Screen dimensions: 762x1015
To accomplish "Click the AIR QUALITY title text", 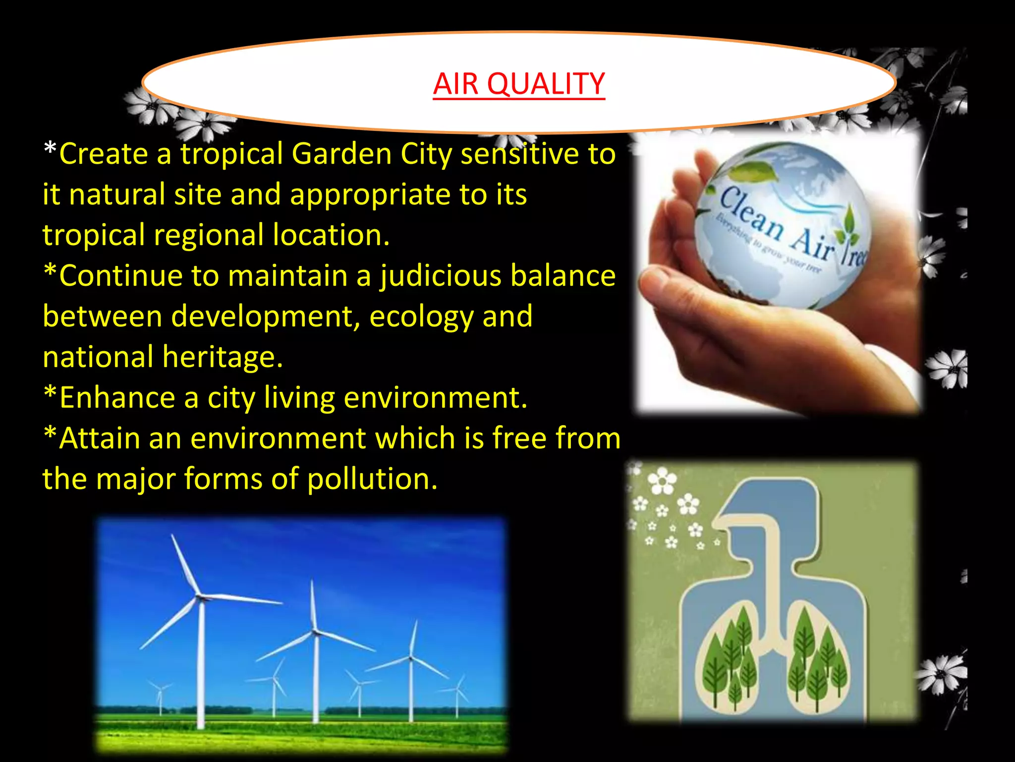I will [x=518, y=84].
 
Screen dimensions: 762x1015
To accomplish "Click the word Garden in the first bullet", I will [x=341, y=154].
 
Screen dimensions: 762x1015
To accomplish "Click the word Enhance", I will [x=117, y=398].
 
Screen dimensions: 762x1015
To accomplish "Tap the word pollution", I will [x=372, y=479].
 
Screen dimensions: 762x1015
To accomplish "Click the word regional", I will [x=209, y=235].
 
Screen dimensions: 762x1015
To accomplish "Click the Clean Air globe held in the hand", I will [x=783, y=223].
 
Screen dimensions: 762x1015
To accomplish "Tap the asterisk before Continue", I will [x=50, y=271].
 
